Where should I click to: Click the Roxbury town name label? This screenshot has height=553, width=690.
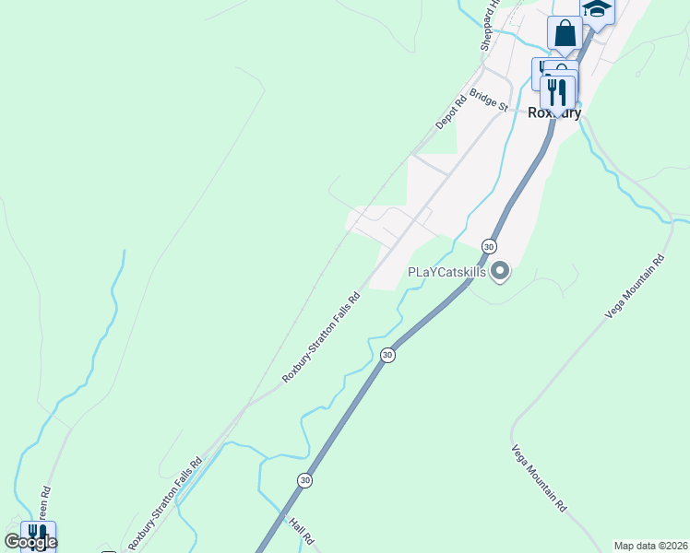pos(553,113)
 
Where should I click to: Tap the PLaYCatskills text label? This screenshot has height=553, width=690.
pos(446,273)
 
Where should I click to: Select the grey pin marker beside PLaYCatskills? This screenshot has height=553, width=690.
pos(500,271)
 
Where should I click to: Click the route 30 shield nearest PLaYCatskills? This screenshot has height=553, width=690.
pos(489,246)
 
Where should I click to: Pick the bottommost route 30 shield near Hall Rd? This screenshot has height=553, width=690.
pos(303,480)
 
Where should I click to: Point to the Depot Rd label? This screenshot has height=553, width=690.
pos(446,112)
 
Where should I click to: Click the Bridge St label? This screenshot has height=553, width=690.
pos(489,100)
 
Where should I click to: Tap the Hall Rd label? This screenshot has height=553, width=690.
pos(302,531)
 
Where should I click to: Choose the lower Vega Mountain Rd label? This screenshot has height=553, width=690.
pos(540,477)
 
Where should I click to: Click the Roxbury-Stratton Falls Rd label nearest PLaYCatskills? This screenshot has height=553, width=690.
pos(320,338)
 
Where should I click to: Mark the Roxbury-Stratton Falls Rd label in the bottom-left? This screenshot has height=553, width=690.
pos(164,506)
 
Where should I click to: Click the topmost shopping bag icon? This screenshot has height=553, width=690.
pos(565,34)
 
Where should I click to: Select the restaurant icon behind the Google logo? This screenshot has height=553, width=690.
pos(38,535)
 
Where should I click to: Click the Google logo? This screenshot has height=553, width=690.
pos(30,542)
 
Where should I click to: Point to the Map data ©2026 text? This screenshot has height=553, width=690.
pos(650,546)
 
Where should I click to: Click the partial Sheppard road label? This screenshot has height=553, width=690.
pos(488,23)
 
